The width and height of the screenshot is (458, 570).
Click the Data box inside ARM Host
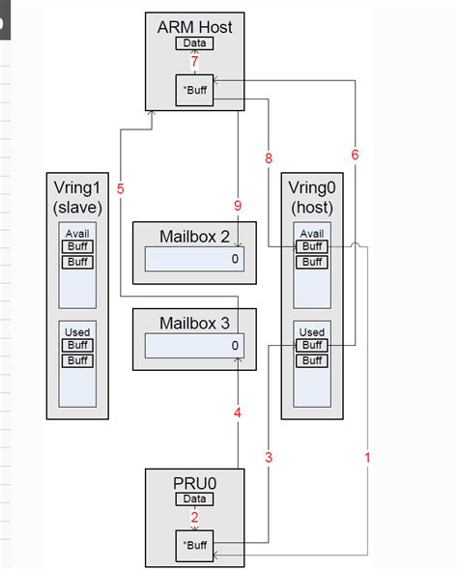click(x=194, y=43)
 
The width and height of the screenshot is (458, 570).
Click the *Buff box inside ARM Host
click(x=194, y=90)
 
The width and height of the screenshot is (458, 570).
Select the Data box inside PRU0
click(x=194, y=499)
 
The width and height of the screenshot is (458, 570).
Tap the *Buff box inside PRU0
click(x=194, y=545)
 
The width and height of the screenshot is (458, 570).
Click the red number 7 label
click(x=194, y=62)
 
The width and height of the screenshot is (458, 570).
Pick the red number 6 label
click(x=355, y=155)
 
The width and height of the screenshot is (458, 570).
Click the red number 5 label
click(x=120, y=189)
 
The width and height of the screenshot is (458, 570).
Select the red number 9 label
click(x=237, y=206)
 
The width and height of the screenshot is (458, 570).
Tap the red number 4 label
click(x=237, y=413)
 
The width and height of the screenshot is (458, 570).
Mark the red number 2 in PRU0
click(x=194, y=518)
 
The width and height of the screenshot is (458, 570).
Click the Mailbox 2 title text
click(x=194, y=237)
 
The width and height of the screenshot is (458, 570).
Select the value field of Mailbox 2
click(x=194, y=259)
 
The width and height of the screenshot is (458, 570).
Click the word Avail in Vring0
click(x=312, y=234)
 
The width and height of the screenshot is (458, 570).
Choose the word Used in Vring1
click(x=77, y=332)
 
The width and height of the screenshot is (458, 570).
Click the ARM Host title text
click(x=194, y=27)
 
